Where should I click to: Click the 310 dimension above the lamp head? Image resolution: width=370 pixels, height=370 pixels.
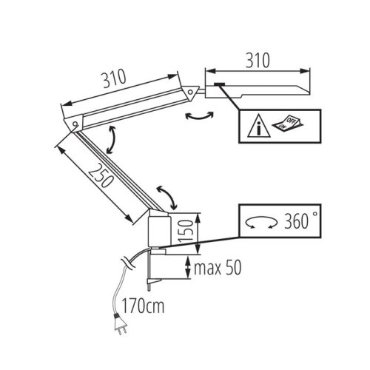pyautogui.click(x=258, y=61)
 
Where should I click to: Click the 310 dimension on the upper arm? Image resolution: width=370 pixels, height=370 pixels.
pyautogui.click(x=114, y=78)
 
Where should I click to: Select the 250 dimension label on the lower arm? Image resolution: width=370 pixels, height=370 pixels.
pyautogui.click(x=101, y=175)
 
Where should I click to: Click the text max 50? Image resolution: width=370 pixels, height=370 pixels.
pyautogui.click(x=218, y=268)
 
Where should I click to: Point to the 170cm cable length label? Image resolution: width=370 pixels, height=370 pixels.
pyautogui.click(x=143, y=306)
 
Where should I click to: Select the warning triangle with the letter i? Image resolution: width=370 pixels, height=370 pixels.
pyautogui.click(x=259, y=126)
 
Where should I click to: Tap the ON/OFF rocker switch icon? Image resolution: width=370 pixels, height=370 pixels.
pyautogui.click(x=288, y=123)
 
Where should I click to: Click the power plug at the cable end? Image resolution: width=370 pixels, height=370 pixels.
pyautogui.click(x=121, y=325)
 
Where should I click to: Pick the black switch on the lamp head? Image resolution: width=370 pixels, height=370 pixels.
pyautogui.click(x=219, y=84)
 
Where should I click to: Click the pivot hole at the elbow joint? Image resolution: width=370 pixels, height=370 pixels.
pyautogui.click(x=75, y=124)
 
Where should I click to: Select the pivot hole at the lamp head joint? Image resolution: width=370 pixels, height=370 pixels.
pyautogui.click(x=190, y=92)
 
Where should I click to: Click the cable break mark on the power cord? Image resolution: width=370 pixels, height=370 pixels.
pyautogui.click(x=128, y=264)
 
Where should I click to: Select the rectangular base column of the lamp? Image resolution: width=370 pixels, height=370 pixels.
pyautogui.click(x=159, y=232)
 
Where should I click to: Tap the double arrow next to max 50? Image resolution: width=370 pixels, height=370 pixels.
pyautogui.click(x=188, y=268)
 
